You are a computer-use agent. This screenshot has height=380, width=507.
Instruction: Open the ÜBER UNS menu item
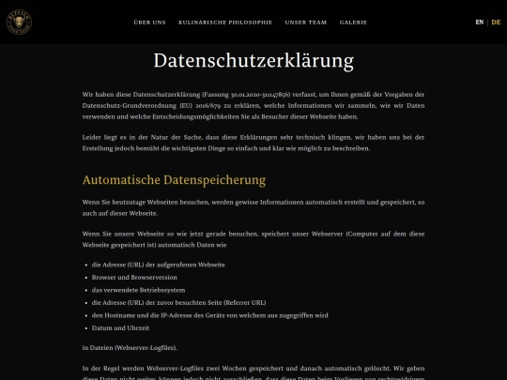click(x=150, y=22)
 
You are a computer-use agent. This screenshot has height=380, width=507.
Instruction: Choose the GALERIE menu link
click(x=353, y=22)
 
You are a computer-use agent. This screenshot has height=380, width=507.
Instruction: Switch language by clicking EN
click(x=480, y=22)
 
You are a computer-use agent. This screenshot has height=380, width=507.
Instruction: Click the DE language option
click(x=496, y=22)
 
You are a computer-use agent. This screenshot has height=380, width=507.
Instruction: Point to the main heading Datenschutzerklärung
click(x=253, y=62)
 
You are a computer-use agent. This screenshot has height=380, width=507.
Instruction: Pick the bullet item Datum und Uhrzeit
click(x=121, y=327)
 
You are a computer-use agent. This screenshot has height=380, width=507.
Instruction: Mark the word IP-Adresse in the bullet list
click(x=182, y=315)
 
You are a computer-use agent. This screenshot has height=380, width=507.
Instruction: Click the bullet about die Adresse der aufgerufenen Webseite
click(x=158, y=265)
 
